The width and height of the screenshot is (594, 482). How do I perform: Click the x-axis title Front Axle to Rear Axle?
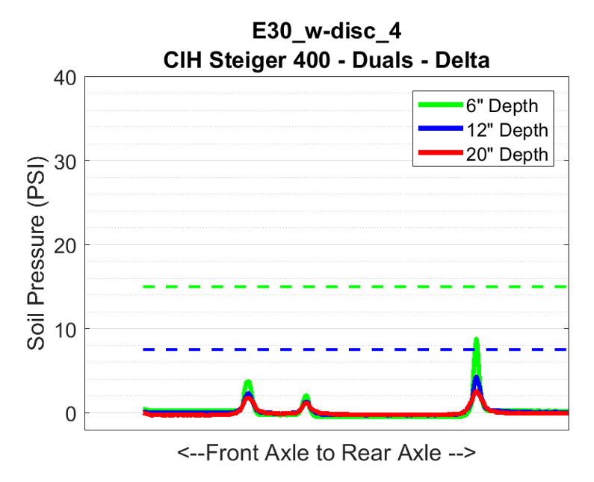tap(327, 454)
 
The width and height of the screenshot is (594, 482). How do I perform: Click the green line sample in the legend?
tap(441, 105)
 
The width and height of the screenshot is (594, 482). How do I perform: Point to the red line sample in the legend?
tap(441, 154)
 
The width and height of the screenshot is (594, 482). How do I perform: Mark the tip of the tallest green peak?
tap(476, 340)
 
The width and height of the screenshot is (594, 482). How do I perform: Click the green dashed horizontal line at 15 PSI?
tap(336, 287)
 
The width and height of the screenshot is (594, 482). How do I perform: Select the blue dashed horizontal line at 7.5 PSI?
tap(336, 350)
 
